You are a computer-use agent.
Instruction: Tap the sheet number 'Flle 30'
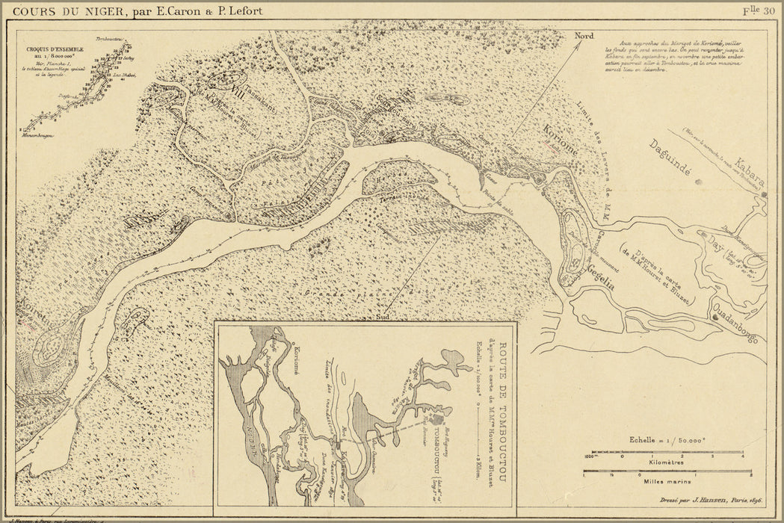coord(758,10)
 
